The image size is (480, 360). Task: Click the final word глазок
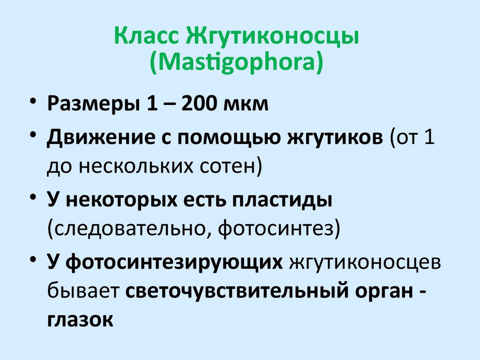[x=80, y=319]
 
